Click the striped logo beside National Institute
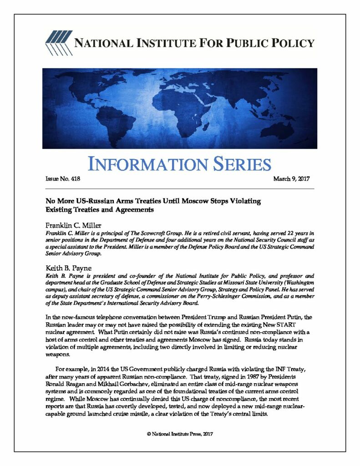click(x=57, y=43)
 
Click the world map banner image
click(x=180, y=108)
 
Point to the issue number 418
click(x=75, y=178)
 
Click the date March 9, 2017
click(x=291, y=178)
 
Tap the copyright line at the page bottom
click(x=180, y=434)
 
